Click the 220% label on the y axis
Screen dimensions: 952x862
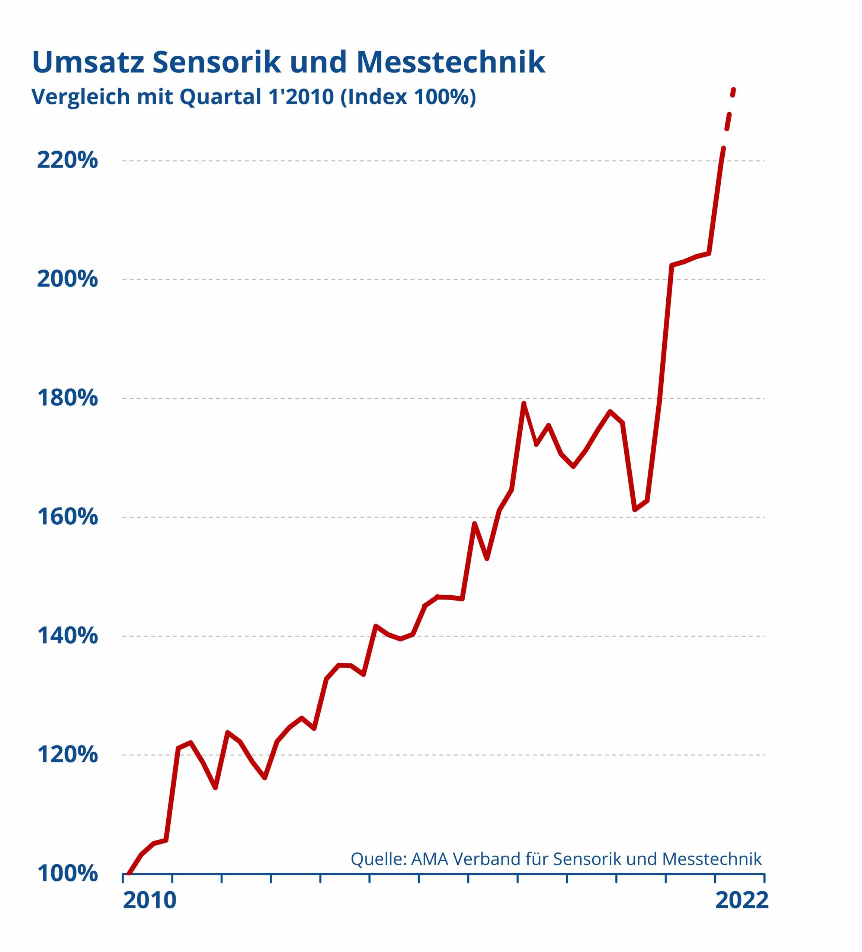[67, 161]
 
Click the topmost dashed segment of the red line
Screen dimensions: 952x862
[733, 92]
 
